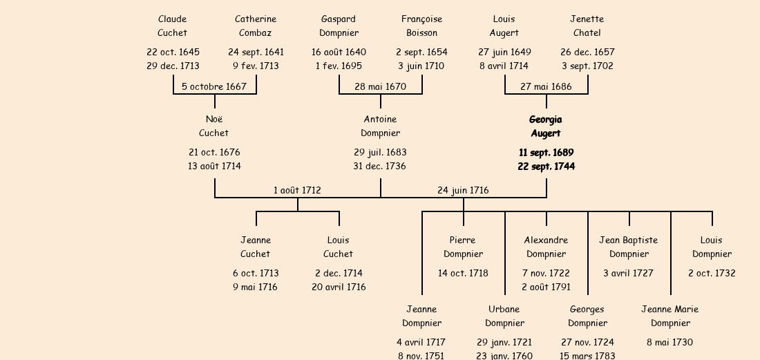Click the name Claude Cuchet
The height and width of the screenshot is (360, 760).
(172, 26)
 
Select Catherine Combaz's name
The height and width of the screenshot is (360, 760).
(256, 26)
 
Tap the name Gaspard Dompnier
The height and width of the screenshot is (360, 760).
(339, 26)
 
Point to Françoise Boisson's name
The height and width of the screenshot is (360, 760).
(421, 26)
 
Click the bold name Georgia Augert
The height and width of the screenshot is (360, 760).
(546, 126)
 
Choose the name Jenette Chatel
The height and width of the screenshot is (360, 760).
(587, 26)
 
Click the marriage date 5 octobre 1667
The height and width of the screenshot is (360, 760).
(214, 86)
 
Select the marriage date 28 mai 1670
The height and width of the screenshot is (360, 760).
(380, 86)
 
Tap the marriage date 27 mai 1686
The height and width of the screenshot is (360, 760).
(546, 86)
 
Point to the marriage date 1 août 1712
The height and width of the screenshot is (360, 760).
(297, 190)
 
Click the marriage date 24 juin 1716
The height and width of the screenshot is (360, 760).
(463, 190)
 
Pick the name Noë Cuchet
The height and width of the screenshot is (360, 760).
(214, 126)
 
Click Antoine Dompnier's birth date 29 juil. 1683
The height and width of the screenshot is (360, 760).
(380, 152)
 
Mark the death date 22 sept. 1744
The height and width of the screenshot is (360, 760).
(546, 167)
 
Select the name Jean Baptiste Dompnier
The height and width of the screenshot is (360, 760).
(629, 247)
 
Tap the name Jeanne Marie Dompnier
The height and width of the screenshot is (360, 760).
(670, 316)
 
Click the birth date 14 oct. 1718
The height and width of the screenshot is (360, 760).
(463, 273)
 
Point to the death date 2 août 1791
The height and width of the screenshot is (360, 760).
(546, 287)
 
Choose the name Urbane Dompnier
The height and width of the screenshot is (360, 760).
(504, 316)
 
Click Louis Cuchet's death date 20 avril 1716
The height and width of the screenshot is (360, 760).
(339, 287)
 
